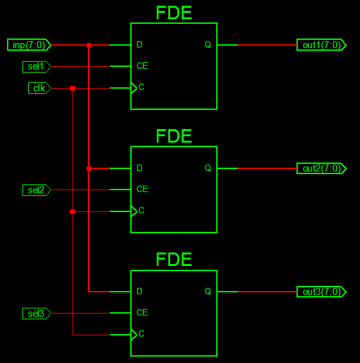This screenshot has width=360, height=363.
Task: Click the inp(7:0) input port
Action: coord(29,45)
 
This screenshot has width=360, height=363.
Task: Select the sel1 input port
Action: coord(37,67)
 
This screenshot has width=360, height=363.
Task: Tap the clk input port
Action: coord(40,88)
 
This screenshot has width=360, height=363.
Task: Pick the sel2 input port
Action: coord(37,190)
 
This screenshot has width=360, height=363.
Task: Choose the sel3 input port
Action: coord(37,314)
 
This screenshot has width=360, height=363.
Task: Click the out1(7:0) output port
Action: coord(321,45)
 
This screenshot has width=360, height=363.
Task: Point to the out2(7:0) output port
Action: coord(321,168)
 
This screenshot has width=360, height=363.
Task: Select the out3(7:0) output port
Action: coord(321,292)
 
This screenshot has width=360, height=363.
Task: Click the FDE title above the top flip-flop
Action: coord(174,13)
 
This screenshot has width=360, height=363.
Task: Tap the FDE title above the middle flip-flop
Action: coord(174,136)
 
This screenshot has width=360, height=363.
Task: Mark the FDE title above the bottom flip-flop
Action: coord(174,260)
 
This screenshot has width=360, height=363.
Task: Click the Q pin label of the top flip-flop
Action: coord(208,44)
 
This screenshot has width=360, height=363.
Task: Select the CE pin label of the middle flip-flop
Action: coord(142,189)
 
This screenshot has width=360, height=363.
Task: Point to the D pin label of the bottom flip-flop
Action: coord(139,291)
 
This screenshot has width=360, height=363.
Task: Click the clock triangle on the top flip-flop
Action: coord(134,88)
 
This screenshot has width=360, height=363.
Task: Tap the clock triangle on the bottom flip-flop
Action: coord(134,335)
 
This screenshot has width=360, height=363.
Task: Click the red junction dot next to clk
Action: coord(73,88)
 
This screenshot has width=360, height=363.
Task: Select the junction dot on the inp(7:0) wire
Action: coord(89,45)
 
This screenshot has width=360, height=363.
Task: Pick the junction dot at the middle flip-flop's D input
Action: coord(89,168)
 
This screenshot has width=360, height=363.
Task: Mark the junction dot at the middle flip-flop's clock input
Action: coord(73,211)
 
